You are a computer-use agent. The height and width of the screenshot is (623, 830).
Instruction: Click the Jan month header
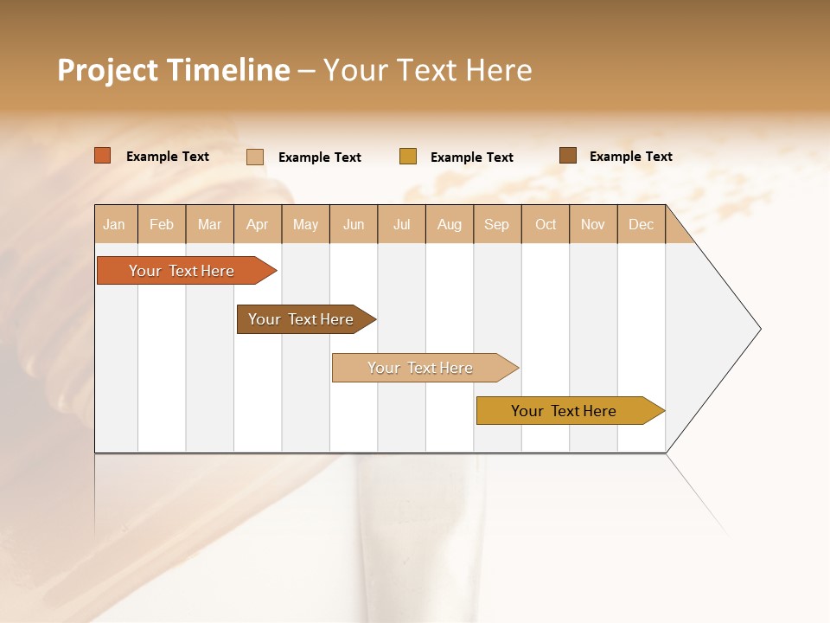point(115,224)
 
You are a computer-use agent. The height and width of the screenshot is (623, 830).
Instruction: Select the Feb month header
point(162,224)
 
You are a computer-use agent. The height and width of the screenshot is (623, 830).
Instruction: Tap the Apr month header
point(258,224)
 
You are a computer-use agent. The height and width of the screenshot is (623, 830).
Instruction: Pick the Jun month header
point(354,224)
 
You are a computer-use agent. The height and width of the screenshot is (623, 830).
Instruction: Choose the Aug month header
point(450,224)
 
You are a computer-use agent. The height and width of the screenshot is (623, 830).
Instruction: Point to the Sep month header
point(497,224)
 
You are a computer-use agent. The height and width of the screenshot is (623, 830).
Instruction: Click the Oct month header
point(546,224)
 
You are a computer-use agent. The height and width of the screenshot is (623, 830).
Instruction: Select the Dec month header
point(642,224)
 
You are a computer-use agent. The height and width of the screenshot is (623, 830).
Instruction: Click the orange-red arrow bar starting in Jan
point(182,271)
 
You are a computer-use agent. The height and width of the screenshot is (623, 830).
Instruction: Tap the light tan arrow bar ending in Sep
point(421,368)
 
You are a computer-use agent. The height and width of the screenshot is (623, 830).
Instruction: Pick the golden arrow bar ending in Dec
point(565,411)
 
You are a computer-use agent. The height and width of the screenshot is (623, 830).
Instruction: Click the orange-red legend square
point(103,156)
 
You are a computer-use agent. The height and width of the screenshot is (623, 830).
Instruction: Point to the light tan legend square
point(255,157)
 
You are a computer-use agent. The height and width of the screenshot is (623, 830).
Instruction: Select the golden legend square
point(408,157)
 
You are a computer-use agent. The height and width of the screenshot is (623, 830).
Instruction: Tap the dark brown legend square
point(568,156)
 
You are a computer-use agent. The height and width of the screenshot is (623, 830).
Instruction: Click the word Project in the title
point(107,70)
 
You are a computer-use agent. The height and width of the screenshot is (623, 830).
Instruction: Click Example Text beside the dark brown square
point(630,157)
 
